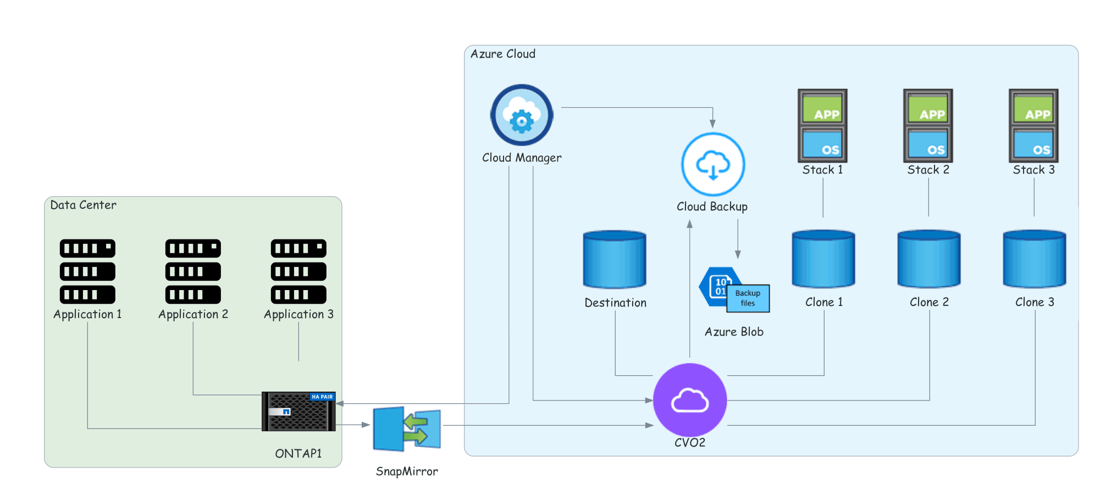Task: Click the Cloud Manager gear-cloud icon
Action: [522, 115]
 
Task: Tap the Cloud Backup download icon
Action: [713, 164]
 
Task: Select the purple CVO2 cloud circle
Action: [690, 400]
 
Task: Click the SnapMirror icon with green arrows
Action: [407, 428]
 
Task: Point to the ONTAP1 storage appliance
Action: [298, 411]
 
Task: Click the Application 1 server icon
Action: [87, 271]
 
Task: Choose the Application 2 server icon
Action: [193, 271]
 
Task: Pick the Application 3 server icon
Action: [298, 271]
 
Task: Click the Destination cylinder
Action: [615, 259]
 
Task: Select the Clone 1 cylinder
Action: [823, 259]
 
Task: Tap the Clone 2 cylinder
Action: [929, 259]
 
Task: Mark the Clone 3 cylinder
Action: [1035, 259]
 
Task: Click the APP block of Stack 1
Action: [822, 109]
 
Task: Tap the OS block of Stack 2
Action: [928, 144]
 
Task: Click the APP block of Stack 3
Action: [1033, 109]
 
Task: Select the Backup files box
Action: [748, 298]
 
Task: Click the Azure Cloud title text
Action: [503, 54]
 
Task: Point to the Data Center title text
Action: [84, 205]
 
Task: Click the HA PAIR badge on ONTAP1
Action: [322, 397]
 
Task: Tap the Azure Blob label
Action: [734, 332]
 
